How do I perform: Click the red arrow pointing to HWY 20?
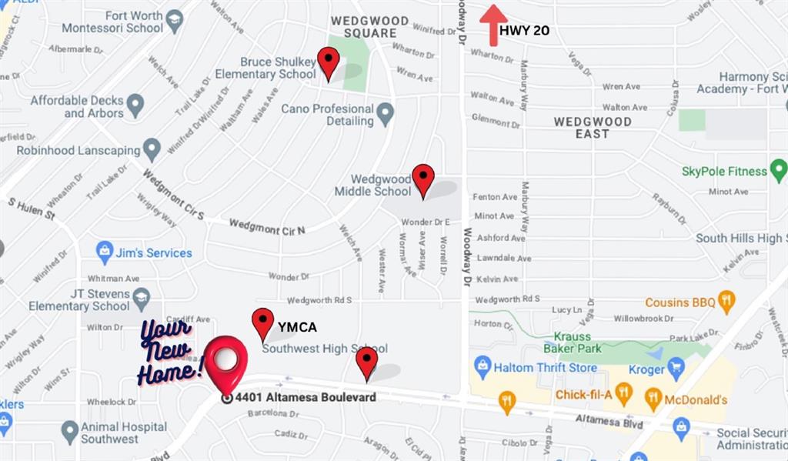(x=493, y=25)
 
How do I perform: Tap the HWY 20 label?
(x=524, y=31)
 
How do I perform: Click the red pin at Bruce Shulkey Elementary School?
(x=329, y=62)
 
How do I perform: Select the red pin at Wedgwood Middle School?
(x=422, y=180)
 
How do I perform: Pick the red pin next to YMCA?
(x=263, y=323)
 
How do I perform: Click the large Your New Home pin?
(x=225, y=362)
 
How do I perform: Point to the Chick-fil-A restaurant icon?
(x=623, y=396)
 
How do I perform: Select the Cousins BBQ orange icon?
(x=726, y=302)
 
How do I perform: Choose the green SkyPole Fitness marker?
(x=778, y=170)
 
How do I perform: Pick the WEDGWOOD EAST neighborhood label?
(x=593, y=127)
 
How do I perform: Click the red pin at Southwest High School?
(x=366, y=362)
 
